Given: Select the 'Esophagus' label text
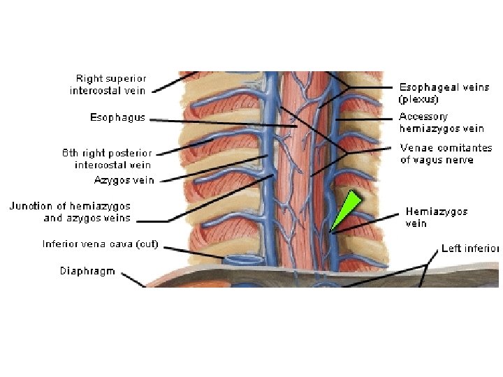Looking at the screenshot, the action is (x=117, y=117).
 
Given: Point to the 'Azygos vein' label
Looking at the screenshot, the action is (x=124, y=180).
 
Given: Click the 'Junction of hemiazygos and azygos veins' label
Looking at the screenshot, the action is (x=70, y=212).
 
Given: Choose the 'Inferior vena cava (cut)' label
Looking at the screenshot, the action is (x=101, y=244).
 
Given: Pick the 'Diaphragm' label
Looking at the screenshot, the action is (x=87, y=271).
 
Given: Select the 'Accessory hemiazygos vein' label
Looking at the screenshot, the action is (x=442, y=122).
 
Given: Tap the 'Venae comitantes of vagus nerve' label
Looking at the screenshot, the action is (x=446, y=154).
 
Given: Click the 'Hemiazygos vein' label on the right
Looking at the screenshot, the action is (x=437, y=217).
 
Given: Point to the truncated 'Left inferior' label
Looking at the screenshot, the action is (x=469, y=249).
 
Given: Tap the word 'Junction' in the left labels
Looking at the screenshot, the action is (x=31, y=207).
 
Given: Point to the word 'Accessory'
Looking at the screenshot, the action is (x=423, y=117).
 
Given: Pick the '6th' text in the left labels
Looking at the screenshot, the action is (x=70, y=153).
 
